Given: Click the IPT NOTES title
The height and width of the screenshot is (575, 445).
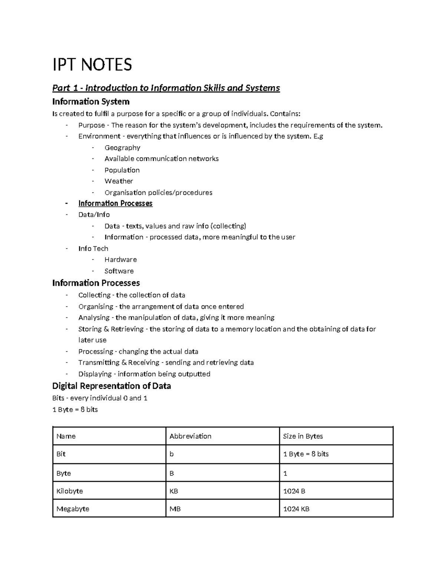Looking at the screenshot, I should (x=92, y=65).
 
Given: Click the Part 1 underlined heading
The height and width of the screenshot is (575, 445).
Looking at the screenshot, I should (x=166, y=88).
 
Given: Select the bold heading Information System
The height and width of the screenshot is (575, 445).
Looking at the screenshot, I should (x=91, y=101).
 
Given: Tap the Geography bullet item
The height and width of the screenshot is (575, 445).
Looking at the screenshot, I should (x=122, y=148).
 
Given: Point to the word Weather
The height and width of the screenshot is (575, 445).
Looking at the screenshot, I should (x=119, y=181).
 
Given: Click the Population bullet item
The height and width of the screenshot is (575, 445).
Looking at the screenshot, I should (x=122, y=170).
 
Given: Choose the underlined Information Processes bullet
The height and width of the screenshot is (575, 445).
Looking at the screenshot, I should (x=115, y=203).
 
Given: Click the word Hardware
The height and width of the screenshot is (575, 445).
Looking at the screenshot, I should (x=121, y=260).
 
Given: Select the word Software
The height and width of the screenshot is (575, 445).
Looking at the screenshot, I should (x=119, y=271).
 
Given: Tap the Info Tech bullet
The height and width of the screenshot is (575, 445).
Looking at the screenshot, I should (x=93, y=248).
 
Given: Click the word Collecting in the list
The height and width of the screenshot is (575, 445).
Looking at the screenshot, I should (x=94, y=295).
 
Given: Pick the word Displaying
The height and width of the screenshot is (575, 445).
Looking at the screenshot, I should (x=95, y=374).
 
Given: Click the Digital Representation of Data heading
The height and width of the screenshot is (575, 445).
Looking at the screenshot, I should (x=111, y=386).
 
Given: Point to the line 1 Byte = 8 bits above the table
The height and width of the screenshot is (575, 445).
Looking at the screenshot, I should (x=75, y=409).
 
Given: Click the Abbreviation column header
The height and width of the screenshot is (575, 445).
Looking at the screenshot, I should (x=190, y=436).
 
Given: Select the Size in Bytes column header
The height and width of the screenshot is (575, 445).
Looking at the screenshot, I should (x=303, y=436).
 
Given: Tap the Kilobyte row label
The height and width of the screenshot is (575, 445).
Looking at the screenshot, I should (x=70, y=491).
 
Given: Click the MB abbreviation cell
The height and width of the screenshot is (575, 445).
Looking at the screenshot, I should (x=175, y=509).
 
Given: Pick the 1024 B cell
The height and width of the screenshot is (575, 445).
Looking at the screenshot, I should (x=294, y=491).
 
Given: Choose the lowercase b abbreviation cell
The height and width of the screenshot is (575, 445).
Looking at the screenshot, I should (x=172, y=454).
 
